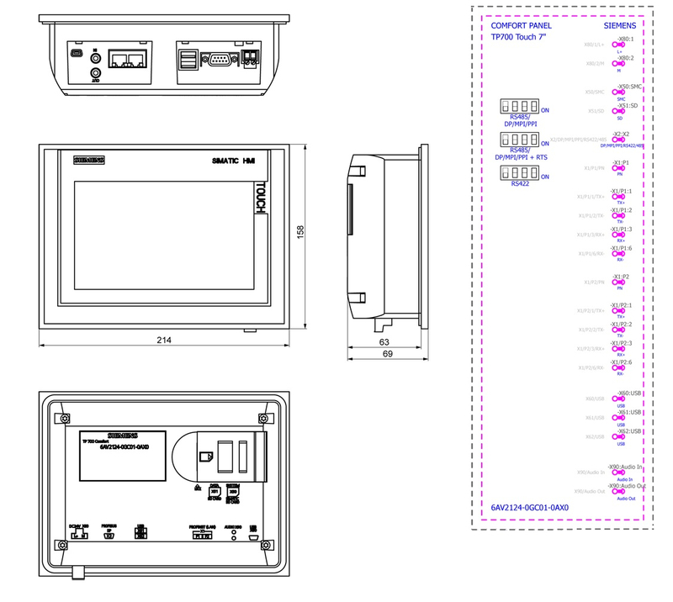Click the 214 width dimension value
point(164,340)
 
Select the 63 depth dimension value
point(384,342)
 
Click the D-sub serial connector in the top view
point(220,59)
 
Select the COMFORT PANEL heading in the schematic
point(521,25)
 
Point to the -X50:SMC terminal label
point(630,87)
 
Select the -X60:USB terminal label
point(629,393)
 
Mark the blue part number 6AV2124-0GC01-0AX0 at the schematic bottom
point(530,508)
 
